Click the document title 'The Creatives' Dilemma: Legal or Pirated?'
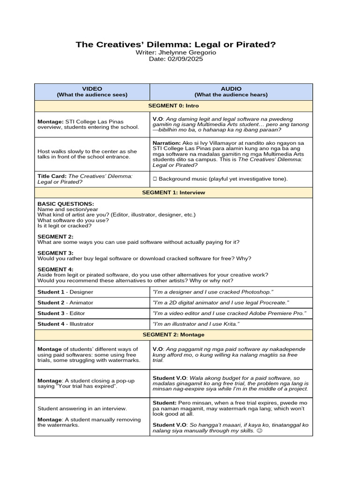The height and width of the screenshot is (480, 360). click(x=176, y=45)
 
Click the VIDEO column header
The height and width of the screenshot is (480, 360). click(x=92, y=91)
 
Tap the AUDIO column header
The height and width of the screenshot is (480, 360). click(x=231, y=91)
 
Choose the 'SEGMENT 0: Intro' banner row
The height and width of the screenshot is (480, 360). click(x=173, y=106)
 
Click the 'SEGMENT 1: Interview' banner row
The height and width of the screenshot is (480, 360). click(x=173, y=192)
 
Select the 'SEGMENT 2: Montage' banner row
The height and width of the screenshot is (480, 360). click(x=173, y=335)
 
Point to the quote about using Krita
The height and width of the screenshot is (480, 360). click(x=196, y=324)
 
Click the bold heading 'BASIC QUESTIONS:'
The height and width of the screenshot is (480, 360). click(x=66, y=204)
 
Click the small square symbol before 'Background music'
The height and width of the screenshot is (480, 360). click(x=155, y=179)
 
